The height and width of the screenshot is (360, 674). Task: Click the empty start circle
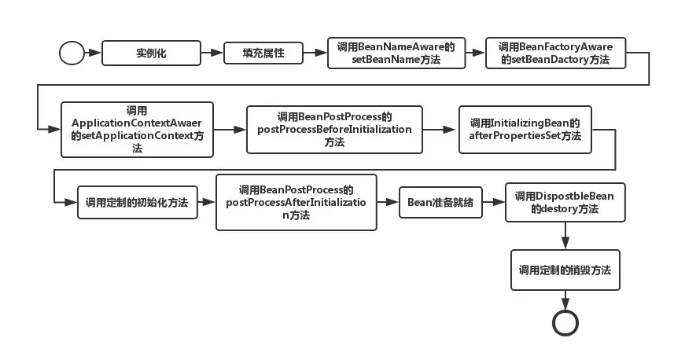(72, 53)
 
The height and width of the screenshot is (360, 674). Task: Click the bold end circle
(565, 323)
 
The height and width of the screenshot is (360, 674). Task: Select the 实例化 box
(151, 53)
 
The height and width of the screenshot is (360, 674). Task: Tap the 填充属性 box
(263, 53)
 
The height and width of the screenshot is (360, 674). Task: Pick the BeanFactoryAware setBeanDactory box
(555, 53)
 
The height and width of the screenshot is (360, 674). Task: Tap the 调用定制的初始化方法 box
(137, 203)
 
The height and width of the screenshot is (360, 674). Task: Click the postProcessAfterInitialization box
(296, 203)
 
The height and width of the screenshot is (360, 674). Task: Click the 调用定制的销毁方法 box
(565, 270)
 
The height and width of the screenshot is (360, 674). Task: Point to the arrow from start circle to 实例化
(93, 53)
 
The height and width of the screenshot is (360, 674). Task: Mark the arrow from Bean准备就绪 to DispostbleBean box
(492, 203)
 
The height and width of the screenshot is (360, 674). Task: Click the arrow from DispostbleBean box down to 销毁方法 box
(565, 236)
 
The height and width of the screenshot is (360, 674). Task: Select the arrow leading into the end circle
(565, 300)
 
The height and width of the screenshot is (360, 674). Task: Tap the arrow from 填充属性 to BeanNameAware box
(315, 53)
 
